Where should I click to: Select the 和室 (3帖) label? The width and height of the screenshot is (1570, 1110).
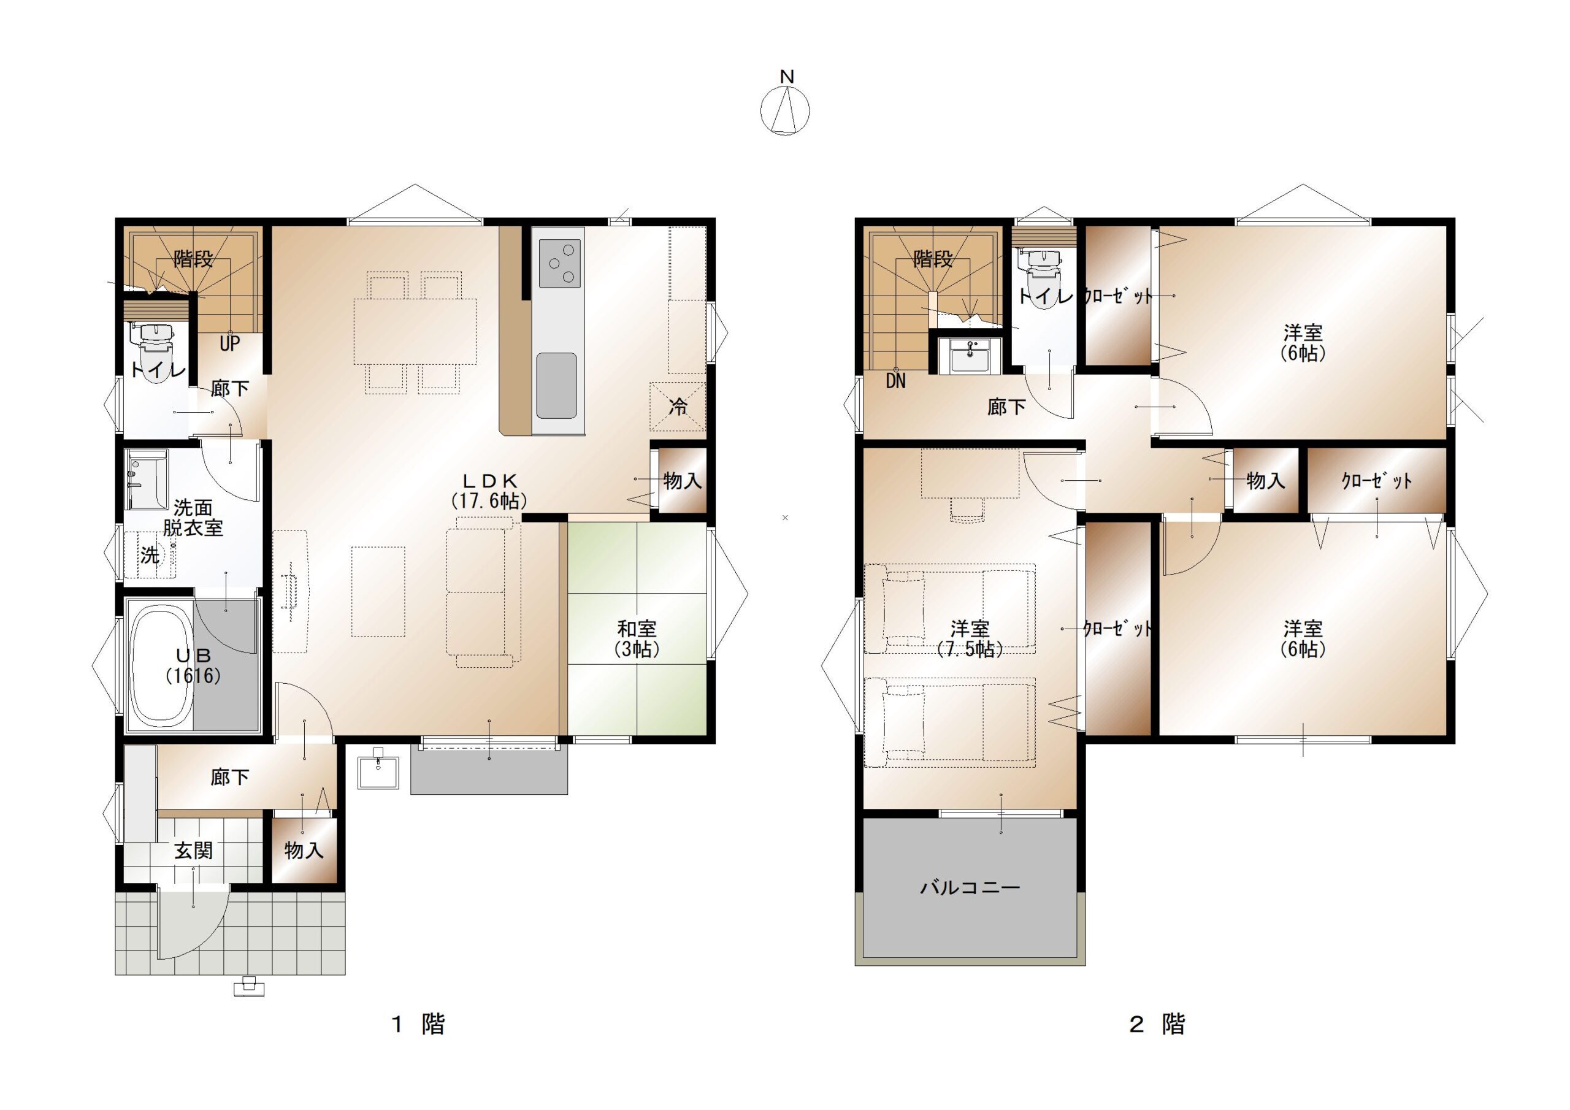(x=637, y=638)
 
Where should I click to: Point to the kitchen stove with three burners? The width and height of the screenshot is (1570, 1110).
(x=560, y=263)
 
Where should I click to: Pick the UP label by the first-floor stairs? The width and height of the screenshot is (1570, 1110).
(x=230, y=343)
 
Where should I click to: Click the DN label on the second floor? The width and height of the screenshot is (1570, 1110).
(x=896, y=381)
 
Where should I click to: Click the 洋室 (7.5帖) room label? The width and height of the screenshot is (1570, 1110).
(x=970, y=638)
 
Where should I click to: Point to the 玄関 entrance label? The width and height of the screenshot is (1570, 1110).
(x=194, y=851)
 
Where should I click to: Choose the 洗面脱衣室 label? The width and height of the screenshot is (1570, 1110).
(x=193, y=518)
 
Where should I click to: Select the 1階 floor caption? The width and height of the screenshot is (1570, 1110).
(x=418, y=1024)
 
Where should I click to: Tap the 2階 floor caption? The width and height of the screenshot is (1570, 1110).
(x=1157, y=1024)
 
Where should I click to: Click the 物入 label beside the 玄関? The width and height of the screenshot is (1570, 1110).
(x=304, y=851)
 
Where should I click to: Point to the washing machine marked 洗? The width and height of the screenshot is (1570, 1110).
(x=150, y=554)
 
